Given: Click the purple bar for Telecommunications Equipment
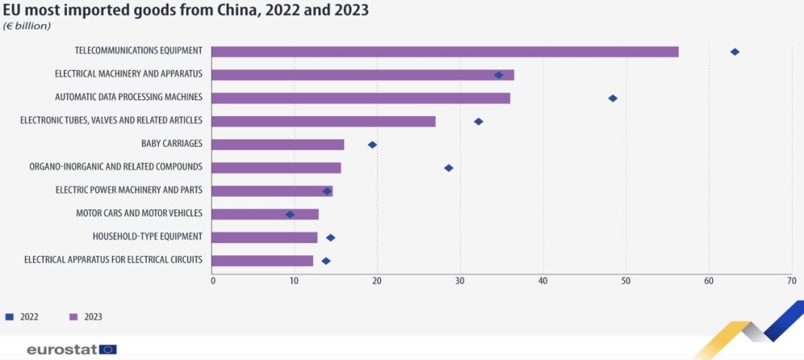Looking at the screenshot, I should (x=444, y=51).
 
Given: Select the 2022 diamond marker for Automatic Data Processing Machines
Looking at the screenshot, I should (x=613, y=98).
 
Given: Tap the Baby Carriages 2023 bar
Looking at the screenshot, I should (x=278, y=144).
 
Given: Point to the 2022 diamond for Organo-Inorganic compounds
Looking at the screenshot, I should (x=449, y=167).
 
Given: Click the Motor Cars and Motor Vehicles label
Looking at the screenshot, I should (x=139, y=213).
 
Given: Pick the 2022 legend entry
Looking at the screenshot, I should (x=23, y=317).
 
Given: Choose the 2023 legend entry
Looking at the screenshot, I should (x=86, y=317).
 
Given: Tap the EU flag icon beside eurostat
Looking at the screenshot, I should (x=108, y=349).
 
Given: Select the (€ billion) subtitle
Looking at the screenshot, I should (x=27, y=26).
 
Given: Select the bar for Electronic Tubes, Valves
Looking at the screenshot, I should (x=324, y=121).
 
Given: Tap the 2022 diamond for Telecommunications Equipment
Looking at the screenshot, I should (x=735, y=51).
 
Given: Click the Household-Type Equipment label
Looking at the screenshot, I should (x=148, y=236).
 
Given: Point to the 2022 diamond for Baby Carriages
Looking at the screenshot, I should (x=372, y=144).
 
